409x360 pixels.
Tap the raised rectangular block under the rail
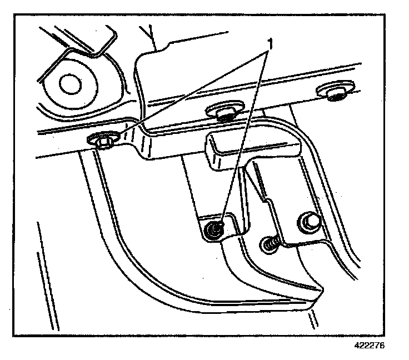click(x=250, y=149)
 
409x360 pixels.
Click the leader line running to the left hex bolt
click(x=189, y=91)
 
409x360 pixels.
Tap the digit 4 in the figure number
click(x=358, y=345)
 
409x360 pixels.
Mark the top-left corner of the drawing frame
click(x=14, y=16)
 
